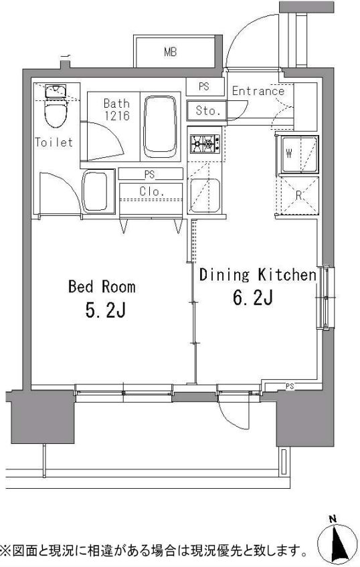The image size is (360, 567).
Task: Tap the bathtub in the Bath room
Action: pyautogui.click(x=161, y=126)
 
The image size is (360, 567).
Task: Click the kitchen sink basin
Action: pyautogui.click(x=205, y=195)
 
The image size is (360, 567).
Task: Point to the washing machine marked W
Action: pyautogui.click(x=299, y=154)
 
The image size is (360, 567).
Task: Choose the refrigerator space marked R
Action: pyautogui.click(x=298, y=196)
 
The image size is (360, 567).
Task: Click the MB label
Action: pyautogui.click(x=170, y=52)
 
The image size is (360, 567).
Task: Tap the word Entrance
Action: pyautogui.click(x=258, y=91)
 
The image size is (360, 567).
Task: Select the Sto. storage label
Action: pyautogui.click(x=207, y=110)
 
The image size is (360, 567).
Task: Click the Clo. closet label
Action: pyautogui.click(x=152, y=191)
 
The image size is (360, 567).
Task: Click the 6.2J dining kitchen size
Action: pyautogui.click(x=252, y=298)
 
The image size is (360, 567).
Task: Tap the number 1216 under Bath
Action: pyautogui.click(x=117, y=116)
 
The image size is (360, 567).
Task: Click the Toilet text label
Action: pyautogui.click(x=54, y=142)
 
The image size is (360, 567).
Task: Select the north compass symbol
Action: pyautogui.click(x=337, y=542)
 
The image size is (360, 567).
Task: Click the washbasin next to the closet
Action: pyautogui.click(x=95, y=191)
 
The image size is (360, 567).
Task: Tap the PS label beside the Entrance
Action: pyautogui.click(x=204, y=87)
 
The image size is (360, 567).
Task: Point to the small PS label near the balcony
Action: pyautogui.click(x=290, y=386)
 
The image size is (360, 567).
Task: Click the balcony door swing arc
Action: pyautogui.click(x=232, y=420)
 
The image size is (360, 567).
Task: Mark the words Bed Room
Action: pyautogui.click(x=102, y=287)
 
